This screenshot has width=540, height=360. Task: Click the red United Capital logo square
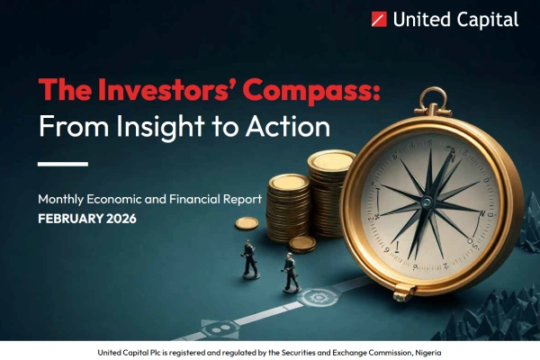click(x=379, y=19)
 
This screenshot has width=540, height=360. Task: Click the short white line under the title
click(x=62, y=164)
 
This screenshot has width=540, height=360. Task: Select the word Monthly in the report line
click(x=65, y=198)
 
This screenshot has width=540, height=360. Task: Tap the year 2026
click(x=123, y=219)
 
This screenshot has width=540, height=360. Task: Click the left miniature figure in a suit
click(x=249, y=258)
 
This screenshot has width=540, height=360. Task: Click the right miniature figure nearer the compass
click(x=290, y=271)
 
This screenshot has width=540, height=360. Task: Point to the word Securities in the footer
click(x=302, y=351)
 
